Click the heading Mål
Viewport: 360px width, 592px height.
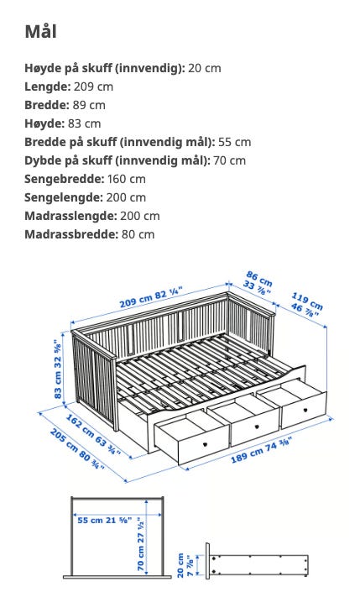[41, 33]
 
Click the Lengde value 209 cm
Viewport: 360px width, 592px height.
[92, 86]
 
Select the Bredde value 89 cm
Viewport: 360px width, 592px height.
[86, 105]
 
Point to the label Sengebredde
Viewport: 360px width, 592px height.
[64, 179]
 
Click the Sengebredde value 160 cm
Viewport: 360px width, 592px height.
[127, 179]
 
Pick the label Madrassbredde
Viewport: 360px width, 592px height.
[70, 234]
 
